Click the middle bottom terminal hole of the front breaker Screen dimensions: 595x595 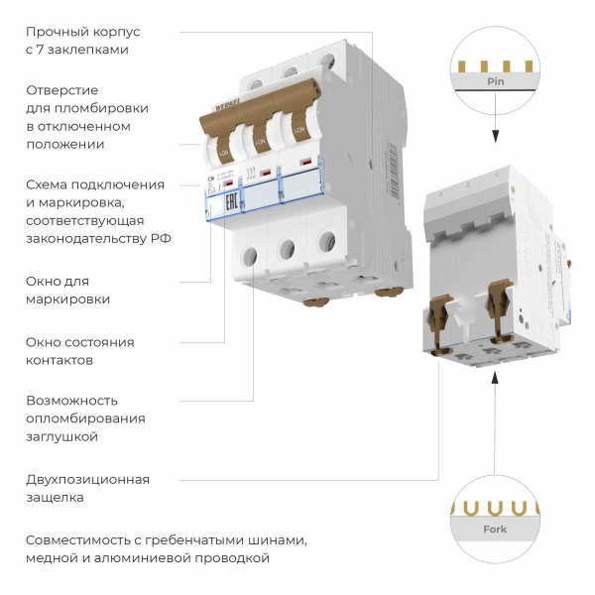[288, 248]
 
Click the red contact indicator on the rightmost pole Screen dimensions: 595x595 [308, 160]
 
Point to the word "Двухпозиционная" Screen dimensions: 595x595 [87, 480]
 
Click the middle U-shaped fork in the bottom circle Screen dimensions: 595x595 [493, 508]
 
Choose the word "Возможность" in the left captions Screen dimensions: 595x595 [71, 401]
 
